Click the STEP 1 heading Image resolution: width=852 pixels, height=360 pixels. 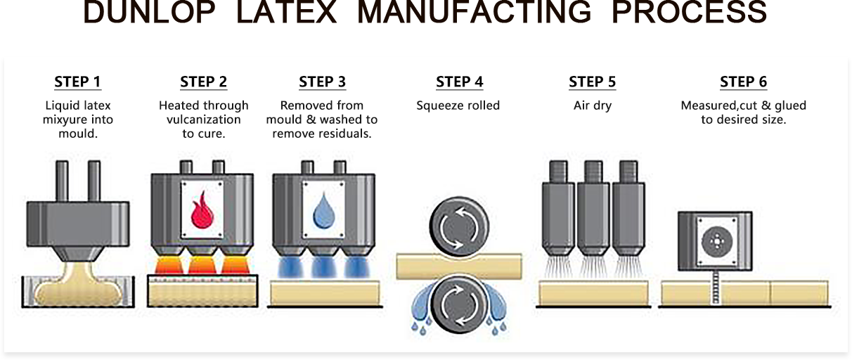[77, 82]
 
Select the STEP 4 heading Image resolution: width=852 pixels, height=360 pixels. [459, 82]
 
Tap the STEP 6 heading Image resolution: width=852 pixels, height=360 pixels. [743, 82]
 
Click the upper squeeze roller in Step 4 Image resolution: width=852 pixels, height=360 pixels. [458, 224]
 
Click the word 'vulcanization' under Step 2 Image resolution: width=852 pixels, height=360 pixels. [203, 120]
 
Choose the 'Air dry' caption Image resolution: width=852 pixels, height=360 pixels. [592, 105]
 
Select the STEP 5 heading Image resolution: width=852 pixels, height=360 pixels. [592, 82]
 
